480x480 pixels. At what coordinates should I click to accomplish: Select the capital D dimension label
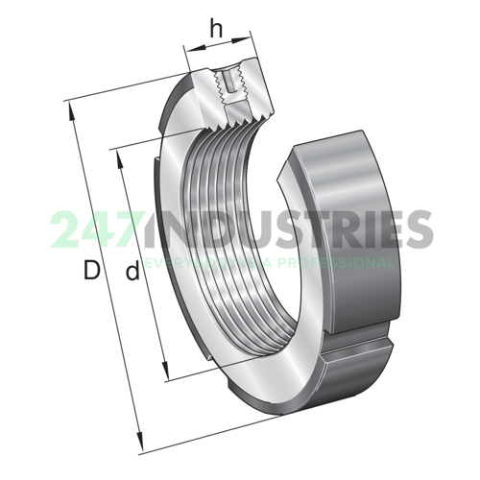[x=92, y=272]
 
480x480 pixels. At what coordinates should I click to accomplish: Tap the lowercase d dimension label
[x=132, y=273]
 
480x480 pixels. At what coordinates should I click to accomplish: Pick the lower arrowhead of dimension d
[x=170, y=375]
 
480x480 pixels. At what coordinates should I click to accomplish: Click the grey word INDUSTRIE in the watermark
[x=278, y=231]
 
